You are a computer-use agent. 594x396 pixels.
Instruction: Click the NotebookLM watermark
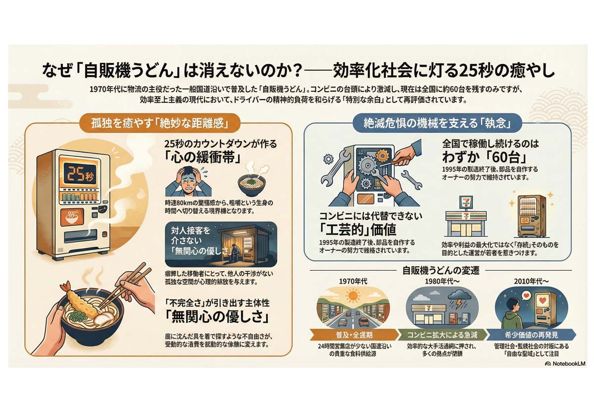565,363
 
